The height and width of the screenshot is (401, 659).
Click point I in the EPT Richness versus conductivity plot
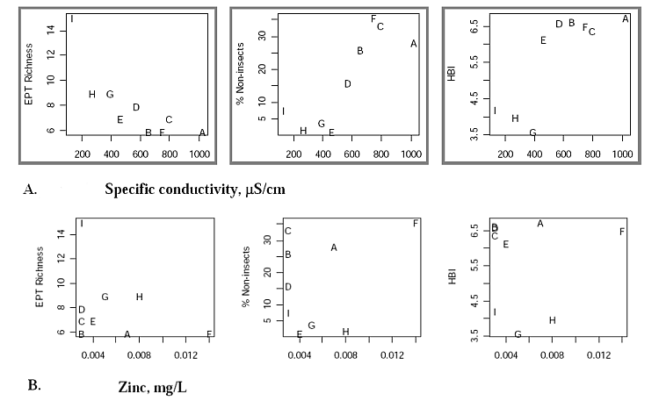click(72, 18)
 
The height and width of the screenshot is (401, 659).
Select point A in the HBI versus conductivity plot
click(625, 18)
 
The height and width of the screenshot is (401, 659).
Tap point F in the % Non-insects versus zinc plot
click(416, 223)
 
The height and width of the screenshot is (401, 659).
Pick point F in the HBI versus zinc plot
click(622, 232)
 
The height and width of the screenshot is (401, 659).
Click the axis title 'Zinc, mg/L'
click(152, 385)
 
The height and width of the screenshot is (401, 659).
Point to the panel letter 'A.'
click(31, 189)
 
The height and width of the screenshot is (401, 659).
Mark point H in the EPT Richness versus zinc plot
click(139, 297)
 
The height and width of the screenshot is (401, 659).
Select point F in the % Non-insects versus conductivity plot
click(373, 18)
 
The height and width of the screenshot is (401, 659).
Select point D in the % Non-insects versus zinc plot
click(288, 287)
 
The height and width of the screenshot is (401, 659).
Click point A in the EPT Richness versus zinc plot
click(127, 334)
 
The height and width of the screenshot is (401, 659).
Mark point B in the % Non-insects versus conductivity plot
click(360, 51)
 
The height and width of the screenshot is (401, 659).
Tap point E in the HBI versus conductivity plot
click(543, 40)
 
